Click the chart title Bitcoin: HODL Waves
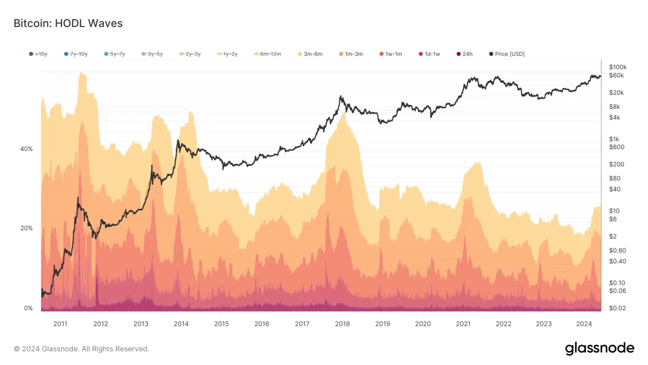click(68, 23)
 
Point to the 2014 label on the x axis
click(181, 324)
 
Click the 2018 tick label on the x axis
click(342, 324)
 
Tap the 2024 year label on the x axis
click(584, 324)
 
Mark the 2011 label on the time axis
click(60, 324)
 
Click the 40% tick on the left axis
click(26, 149)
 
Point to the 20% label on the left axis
click(26, 228)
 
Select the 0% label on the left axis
click(28, 308)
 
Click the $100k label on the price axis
click(618, 67)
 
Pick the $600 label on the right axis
click(616, 147)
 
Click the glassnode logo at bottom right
click(599, 348)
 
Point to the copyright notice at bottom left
click(81, 348)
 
